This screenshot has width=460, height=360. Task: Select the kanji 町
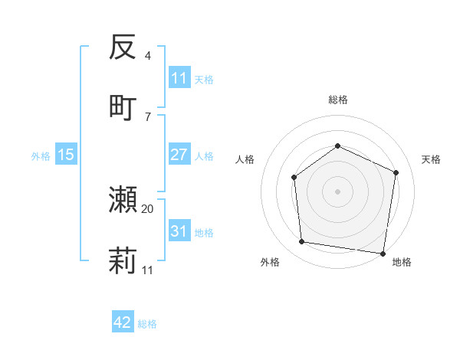(123, 106)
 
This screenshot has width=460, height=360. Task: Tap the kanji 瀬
(123, 199)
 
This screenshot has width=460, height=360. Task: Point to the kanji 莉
(123, 261)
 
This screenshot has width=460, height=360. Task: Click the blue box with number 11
(179, 78)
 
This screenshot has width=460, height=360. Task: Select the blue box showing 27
(179, 155)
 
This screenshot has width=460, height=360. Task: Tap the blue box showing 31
(179, 231)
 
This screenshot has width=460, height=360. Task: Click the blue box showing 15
(66, 155)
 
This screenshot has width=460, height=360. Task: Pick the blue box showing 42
(123, 322)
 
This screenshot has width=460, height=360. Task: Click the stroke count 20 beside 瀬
(148, 208)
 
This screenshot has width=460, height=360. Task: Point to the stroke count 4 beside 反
(148, 56)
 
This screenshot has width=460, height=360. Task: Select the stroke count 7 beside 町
(148, 116)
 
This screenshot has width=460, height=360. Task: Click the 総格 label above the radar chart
(337, 100)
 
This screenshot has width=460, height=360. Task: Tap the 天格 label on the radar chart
(431, 159)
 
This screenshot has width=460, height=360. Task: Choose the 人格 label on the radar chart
(245, 159)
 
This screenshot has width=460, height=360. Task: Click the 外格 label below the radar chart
(270, 262)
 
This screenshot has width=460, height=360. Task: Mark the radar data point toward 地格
(382, 253)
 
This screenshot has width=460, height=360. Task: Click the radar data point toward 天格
(396, 172)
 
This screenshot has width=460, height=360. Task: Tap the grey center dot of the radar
(337, 191)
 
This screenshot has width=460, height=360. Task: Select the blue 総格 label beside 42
(147, 324)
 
